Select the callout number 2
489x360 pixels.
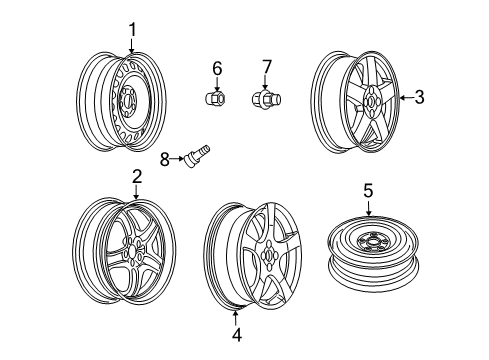(136, 175)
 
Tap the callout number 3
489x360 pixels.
(420, 97)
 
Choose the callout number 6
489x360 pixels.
(216, 67)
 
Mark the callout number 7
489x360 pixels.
(267, 67)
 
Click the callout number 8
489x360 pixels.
(166, 156)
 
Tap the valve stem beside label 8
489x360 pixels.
(196, 156)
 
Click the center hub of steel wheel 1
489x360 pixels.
(128, 100)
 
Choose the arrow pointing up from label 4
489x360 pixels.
(236, 318)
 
